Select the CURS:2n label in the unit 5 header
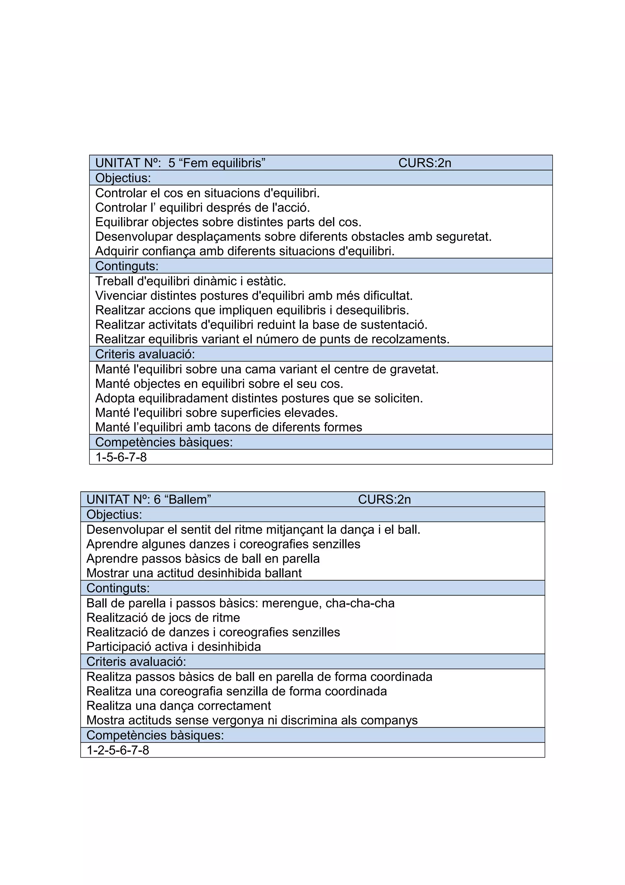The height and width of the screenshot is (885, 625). coord(424,163)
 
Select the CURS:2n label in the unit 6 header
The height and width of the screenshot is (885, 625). coord(384,500)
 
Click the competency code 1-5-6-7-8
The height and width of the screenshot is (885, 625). coord(121,457)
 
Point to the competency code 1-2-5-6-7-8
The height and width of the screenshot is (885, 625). coord(117,750)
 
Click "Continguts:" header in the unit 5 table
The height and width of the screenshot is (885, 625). coord(127,266)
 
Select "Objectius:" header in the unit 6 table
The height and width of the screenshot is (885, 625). coord(114,515)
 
